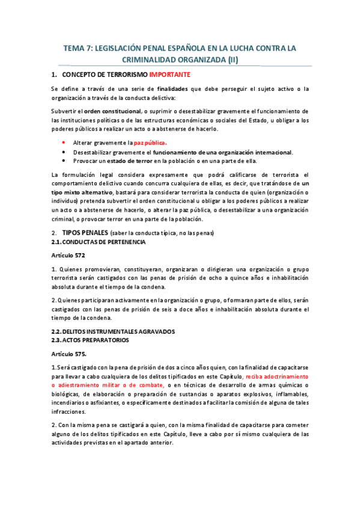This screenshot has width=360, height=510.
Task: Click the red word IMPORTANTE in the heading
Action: (x=169, y=75)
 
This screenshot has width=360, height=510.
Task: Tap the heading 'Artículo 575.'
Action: (x=69, y=354)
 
